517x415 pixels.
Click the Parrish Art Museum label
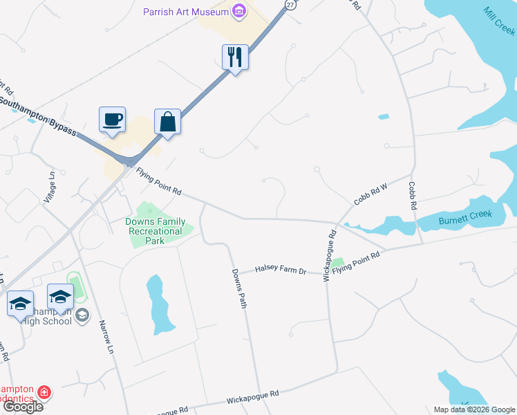pos(185,11)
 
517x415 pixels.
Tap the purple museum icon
pos(239,10)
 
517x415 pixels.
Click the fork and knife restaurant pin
pos(235,57)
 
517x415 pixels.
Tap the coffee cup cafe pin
pos(112,120)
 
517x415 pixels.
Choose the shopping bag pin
pos(167,122)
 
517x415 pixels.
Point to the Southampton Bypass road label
pos(38,115)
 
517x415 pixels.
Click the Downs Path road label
pos(238,289)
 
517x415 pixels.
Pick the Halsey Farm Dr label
pos(281,270)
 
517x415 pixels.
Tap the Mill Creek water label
pos(499,21)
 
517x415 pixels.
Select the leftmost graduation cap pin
pos(20,303)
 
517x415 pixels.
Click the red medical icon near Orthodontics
pos(44,393)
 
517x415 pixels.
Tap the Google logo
pos(23,407)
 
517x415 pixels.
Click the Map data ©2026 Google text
pos(474,409)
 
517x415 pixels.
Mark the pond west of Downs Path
pos(158,302)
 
